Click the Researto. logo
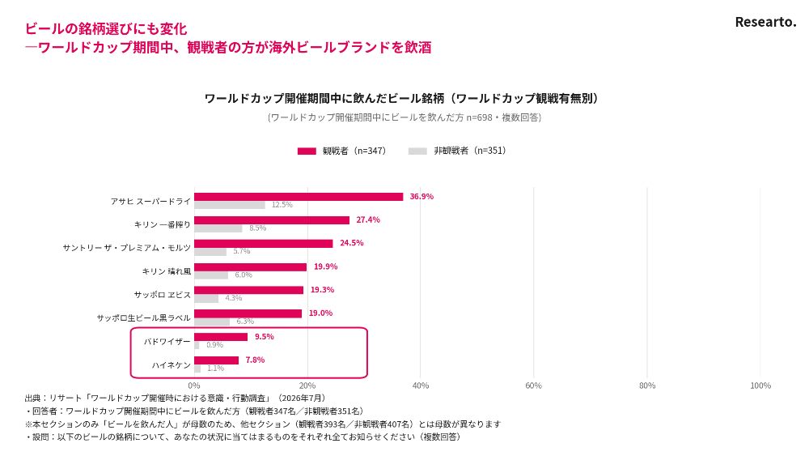point(765,22)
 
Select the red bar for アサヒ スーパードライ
point(299,197)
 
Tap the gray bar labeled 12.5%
point(230,205)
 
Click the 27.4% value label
point(368,219)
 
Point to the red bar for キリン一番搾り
point(272,220)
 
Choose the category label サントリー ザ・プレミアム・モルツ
point(127,248)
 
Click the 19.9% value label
point(325,266)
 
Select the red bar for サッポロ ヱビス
point(248,290)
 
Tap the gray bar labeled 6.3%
point(212,322)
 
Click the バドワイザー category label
point(167,341)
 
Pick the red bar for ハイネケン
point(216,360)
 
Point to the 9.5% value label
point(265,337)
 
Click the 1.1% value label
point(216,369)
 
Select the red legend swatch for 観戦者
point(307,151)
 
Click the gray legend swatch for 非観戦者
point(417,151)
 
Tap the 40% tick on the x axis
point(421,386)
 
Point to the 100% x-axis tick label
point(760,386)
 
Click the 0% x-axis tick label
point(194,386)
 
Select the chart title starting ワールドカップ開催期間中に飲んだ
point(401,98)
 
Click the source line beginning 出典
point(176,398)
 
